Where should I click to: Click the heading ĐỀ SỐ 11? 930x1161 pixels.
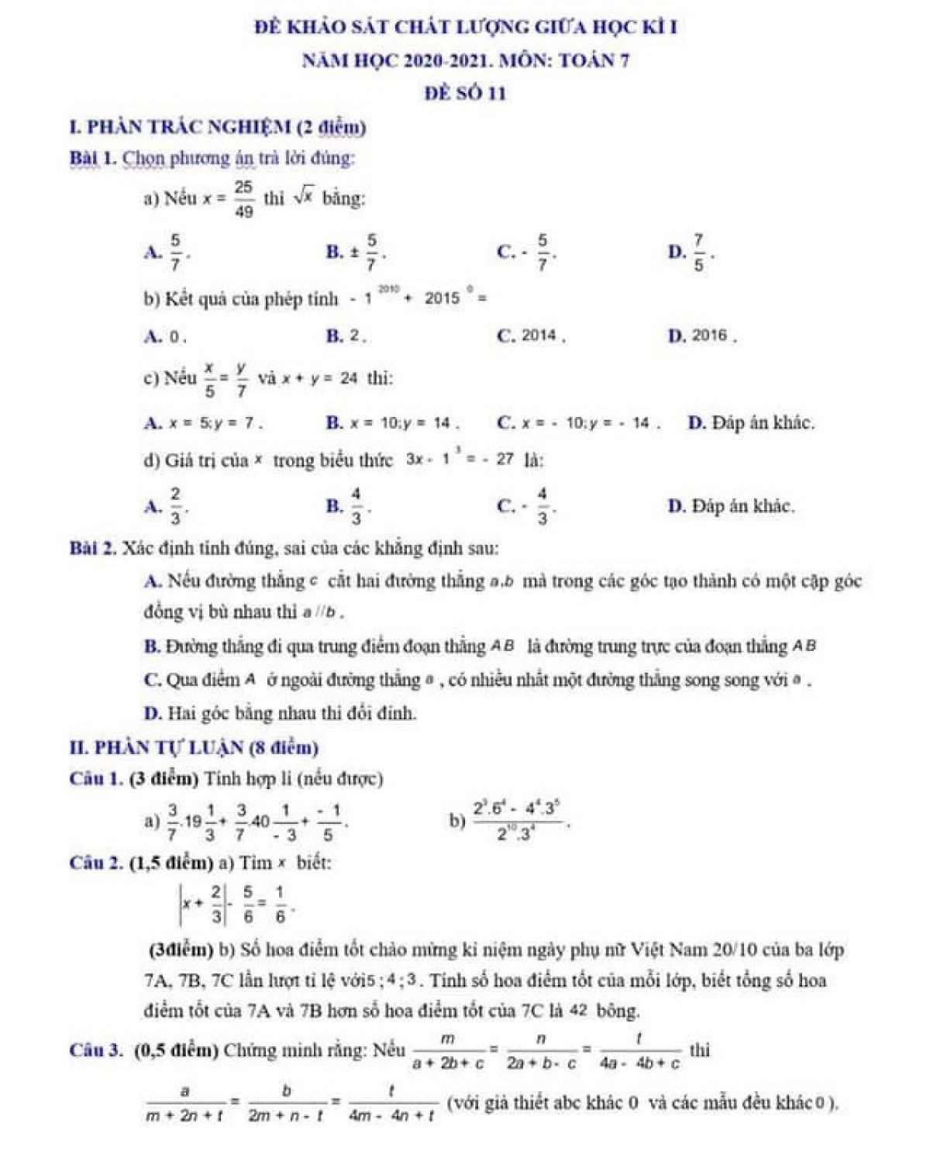465,94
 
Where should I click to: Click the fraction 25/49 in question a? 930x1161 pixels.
243,199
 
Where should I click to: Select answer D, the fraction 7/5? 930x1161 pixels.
698,253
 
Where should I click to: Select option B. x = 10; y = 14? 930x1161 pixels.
398,423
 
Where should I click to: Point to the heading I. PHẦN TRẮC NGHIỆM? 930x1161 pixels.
217,127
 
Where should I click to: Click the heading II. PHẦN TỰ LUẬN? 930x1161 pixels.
194,748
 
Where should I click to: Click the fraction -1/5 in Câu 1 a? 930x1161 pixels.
330,821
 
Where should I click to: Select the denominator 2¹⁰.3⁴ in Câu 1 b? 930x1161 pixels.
517,835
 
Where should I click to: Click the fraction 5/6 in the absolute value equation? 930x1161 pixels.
247,904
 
